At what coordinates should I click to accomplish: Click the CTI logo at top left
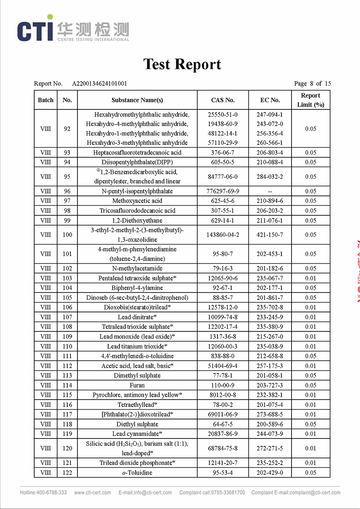[x=35, y=30]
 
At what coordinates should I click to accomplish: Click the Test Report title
[x=182, y=64]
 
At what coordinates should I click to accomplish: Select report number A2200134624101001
[x=100, y=83]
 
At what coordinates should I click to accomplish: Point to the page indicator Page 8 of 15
[x=312, y=83]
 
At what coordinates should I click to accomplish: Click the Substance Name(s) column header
[x=137, y=100]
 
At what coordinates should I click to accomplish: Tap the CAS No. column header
[x=223, y=100]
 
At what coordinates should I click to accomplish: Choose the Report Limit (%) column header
[x=310, y=100]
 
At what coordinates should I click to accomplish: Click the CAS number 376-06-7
[x=223, y=153]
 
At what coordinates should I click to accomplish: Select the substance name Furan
[x=137, y=385]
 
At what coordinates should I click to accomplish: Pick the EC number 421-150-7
[x=270, y=235]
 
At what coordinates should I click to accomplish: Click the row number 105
[x=67, y=298]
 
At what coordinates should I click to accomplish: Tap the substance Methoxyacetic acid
[x=137, y=201]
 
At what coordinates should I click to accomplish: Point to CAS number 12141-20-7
[x=223, y=463]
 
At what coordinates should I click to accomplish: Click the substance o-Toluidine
[x=137, y=472]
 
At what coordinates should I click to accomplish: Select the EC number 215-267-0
[x=270, y=336]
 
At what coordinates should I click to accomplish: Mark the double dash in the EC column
[x=270, y=191]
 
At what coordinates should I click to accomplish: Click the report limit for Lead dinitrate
[x=310, y=317]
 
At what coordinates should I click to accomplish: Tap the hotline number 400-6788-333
[x=52, y=493]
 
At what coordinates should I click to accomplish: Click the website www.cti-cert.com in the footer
[x=93, y=493]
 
